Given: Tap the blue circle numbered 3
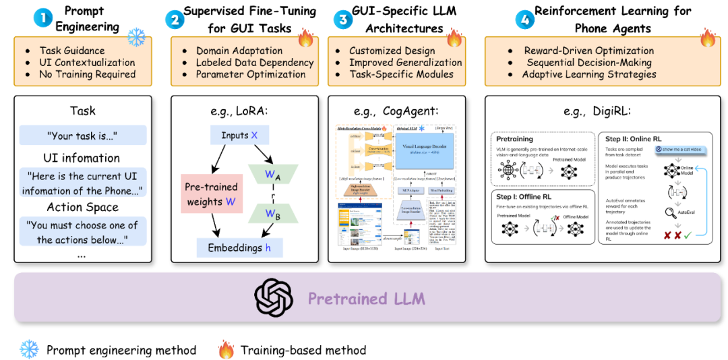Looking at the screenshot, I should [343, 18].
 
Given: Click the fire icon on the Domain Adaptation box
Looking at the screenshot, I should [305, 38].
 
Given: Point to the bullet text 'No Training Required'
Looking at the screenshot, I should [88, 74].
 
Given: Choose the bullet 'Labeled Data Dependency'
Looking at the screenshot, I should [255, 63].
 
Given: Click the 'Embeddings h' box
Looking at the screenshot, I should [239, 247].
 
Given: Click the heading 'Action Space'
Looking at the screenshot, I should [82, 207].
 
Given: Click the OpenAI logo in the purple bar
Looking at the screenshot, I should [274, 297].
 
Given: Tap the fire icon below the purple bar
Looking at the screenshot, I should [226, 349].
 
